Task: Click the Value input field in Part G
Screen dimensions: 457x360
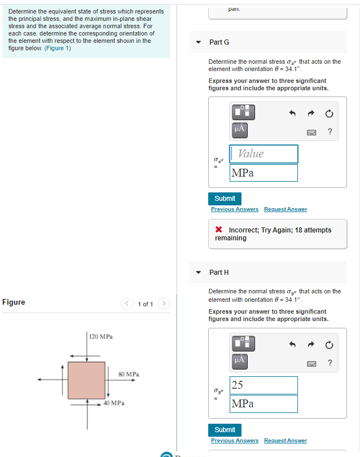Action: (264, 154)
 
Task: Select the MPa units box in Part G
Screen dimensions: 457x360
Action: (264, 173)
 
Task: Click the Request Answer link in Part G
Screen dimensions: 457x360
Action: (286, 209)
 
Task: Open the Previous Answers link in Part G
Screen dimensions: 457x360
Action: (235, 209)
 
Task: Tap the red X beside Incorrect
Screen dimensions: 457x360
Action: (218, 230)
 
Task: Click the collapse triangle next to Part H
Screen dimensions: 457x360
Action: (199, 273)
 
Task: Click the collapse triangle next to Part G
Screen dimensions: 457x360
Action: (199, 42)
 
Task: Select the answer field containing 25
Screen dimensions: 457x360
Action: (264, 385)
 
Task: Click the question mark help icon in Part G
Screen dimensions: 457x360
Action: (330, 132)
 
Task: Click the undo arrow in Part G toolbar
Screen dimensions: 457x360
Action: (292, 113)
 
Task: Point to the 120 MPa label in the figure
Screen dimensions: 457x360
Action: (102, 336)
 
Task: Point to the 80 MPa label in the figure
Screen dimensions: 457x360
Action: (129, 374)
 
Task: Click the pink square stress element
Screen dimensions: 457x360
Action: (86, 380)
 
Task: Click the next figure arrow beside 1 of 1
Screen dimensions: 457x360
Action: (163, 304)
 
